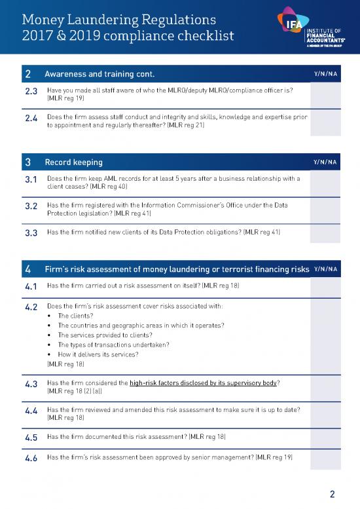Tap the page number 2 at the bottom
click(x=333, y=493)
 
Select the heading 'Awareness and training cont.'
click(x=99, y=73)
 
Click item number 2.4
click(x=31, y=119)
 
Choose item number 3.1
click(x=31, y=179)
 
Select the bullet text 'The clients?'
click(x=77, y=315)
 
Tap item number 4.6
click(x=31, y=458)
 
